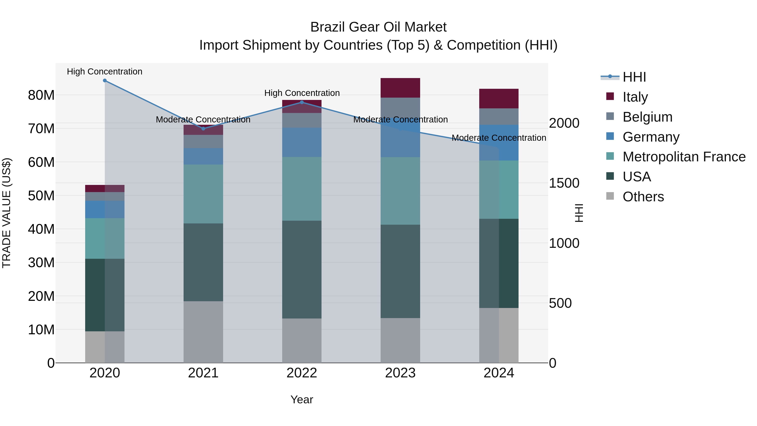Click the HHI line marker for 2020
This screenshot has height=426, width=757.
point(105,81)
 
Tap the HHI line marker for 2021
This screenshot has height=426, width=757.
point(203,129)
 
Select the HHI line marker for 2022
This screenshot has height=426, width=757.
point(302,102)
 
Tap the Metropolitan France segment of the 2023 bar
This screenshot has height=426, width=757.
point(400,191)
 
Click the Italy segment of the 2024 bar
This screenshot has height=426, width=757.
point(499,98)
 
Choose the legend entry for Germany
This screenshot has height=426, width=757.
point(651,137)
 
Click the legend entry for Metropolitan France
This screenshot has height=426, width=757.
point(684,157)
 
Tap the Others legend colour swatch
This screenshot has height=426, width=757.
point(610,196)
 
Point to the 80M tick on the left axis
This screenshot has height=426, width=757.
point(41,95)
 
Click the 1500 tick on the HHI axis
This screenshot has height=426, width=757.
point(564,183)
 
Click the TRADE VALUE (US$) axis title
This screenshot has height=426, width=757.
point(7,213)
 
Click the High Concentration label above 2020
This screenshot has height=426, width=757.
point(105,72)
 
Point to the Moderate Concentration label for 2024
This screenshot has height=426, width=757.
point(499,138)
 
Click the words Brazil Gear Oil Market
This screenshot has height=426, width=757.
point(378,27)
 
